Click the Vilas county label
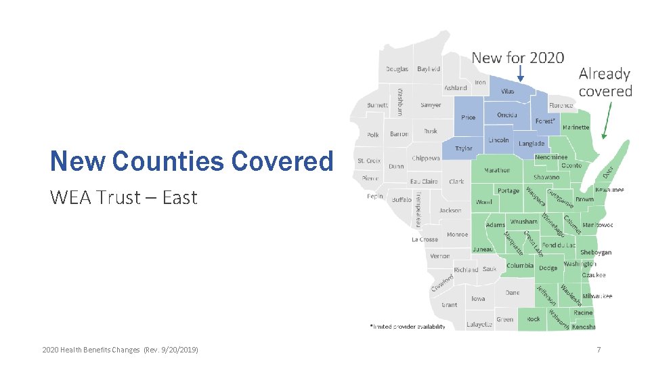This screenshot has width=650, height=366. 507,91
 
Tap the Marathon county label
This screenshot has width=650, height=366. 497,171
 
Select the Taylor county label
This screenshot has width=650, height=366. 464,148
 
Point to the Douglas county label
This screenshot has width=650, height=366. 397,69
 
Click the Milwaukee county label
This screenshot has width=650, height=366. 597,296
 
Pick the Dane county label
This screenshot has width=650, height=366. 513,293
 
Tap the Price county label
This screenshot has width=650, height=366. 468,117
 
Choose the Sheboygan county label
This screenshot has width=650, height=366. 596,252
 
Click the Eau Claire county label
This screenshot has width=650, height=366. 424,182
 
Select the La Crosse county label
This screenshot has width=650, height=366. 425,239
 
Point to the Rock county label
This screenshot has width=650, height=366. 534,319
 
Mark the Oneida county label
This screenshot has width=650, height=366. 507,115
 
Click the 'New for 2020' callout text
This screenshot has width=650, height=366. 517,58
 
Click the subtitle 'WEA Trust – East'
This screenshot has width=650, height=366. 123,197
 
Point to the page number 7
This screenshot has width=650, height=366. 599,350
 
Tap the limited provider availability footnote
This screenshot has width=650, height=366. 408,327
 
